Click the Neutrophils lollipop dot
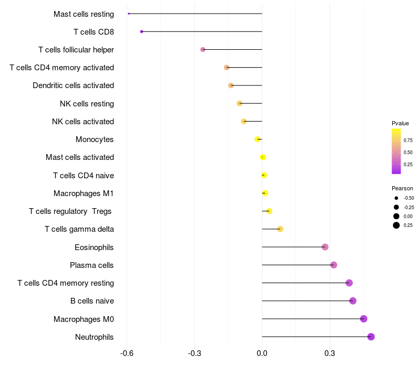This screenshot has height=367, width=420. click(371, 337)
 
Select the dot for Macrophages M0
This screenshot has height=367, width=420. click(363, 319)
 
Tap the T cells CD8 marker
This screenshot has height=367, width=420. click(142, 32)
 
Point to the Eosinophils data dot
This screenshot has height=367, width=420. click(325, 247)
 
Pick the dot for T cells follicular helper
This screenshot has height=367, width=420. click(203, 50)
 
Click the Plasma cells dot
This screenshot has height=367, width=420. click(333, 265)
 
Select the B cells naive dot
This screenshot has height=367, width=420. click(353, 301)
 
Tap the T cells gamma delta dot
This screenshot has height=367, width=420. click(280, 229)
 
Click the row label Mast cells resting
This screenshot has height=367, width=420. click(83, 14)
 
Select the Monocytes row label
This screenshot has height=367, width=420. click(94, 139)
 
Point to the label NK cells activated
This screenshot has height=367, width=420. click(83, 122)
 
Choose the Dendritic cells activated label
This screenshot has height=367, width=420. click(73, 85)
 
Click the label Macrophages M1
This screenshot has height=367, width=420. click(83, 193)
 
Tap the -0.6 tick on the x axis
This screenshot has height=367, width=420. click(127, 354)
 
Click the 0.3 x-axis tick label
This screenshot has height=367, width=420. click(330, 354)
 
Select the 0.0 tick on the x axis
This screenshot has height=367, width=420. click(262, 354)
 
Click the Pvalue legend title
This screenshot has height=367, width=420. click(400, 123)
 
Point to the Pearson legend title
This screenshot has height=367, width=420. click(402, 188)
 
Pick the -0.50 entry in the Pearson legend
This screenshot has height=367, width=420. click(408, 198)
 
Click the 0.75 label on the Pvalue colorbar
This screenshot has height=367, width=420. click(408, 140)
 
